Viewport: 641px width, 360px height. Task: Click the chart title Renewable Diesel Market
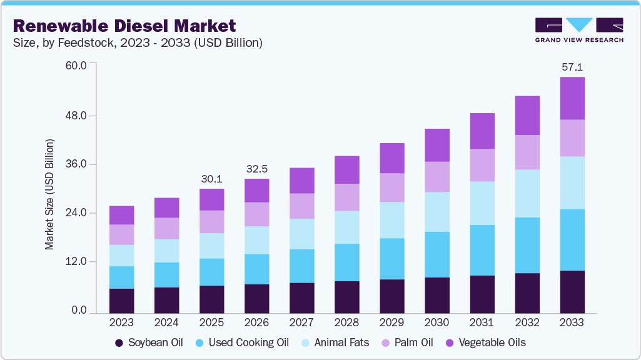(124, 26)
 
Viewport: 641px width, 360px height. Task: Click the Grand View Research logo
(578, 30)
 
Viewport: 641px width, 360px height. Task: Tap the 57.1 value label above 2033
(572, 66)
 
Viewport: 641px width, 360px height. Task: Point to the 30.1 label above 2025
(211, 179)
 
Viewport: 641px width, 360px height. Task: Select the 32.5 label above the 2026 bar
(256, 169)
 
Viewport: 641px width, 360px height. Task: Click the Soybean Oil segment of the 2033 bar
(572, 291)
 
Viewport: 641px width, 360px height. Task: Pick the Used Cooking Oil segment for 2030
(437, 254)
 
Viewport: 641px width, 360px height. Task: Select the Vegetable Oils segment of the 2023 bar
(121, 215)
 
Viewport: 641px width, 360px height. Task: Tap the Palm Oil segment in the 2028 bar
(346, 197)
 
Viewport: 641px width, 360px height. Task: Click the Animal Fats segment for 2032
(527, 193)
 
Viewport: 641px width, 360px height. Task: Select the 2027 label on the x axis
(301, 323)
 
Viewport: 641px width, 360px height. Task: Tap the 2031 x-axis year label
(482, 323)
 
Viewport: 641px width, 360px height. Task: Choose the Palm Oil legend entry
(415, 342)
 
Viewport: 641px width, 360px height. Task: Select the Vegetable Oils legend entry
(485, 342)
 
